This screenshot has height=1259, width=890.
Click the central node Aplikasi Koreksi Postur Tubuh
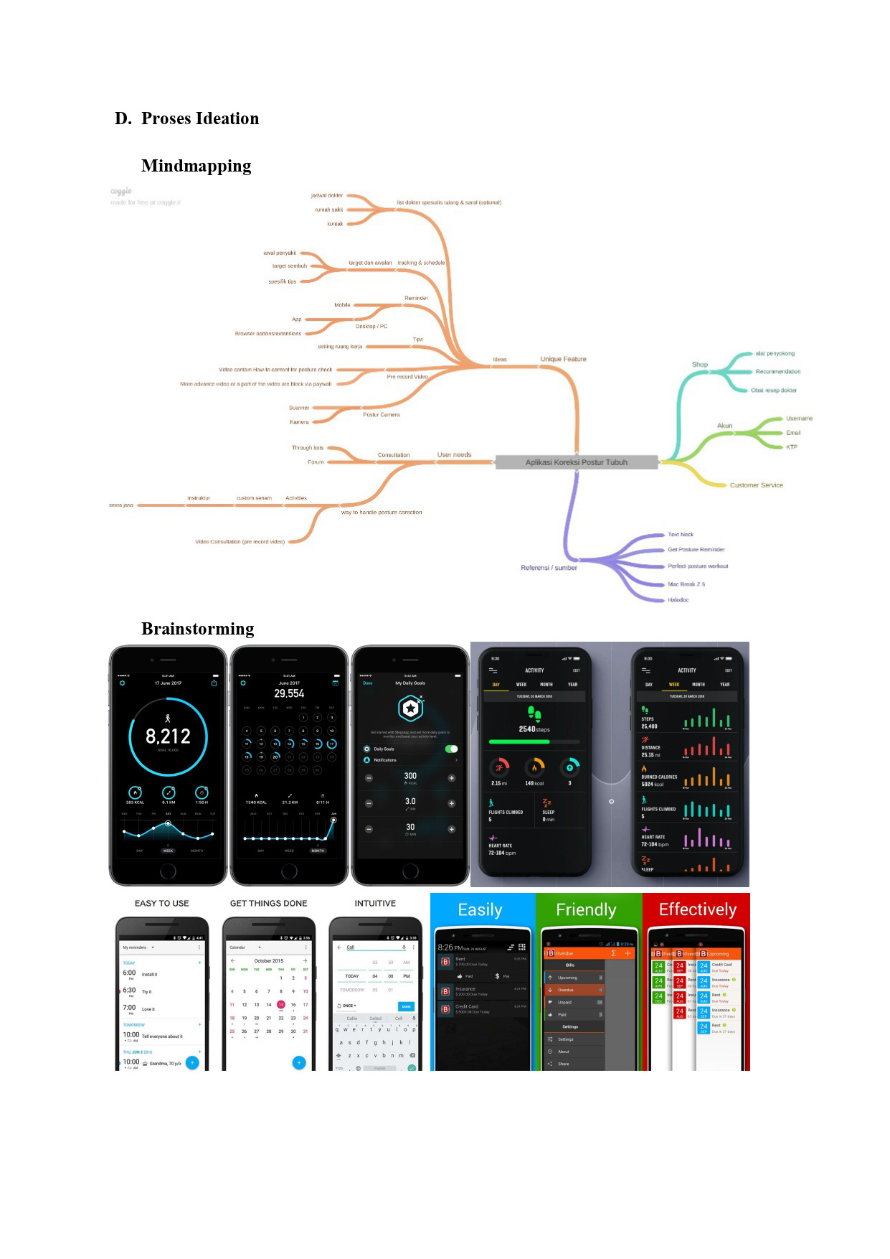(x=576, y=462)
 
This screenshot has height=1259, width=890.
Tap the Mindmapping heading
(x=196, y=166)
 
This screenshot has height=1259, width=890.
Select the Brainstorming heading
(x=197, y=629)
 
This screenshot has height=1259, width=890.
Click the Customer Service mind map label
(x=756, y=485)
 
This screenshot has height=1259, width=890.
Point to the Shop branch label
(x=699, y=365)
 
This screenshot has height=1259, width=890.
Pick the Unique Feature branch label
(x=563, y=359)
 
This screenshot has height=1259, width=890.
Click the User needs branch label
(x=454, y=454)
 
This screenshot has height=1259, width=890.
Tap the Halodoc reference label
(x=678, y=600)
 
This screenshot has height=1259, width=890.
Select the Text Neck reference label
(x=680, y=535)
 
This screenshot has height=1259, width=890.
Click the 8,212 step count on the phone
(x=168, y=736)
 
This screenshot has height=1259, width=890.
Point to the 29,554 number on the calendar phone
(x=289, y=693)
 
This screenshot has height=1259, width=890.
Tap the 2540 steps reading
(x=534, y=729)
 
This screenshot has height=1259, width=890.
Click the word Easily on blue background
(x=480, y=910)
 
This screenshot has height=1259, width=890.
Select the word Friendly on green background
(x=586, y=910)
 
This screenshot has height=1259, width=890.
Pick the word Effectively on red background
(x=697, y=909)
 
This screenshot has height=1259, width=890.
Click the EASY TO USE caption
(x=161, y=903)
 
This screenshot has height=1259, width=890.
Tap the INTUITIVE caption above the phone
(x=375, y=903)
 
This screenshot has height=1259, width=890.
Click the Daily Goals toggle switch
(x=451, y=749)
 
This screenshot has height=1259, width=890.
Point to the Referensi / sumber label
(x=549, y=568)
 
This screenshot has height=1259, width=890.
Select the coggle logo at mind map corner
(x=121, y=191)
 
